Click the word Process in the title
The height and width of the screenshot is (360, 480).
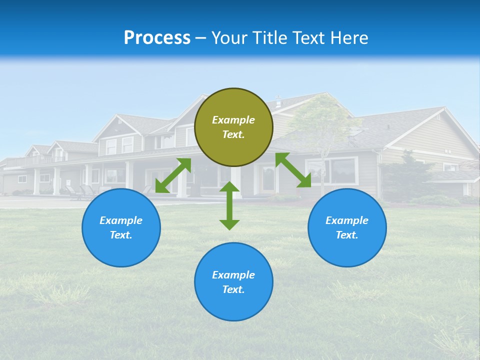tap(157, 38)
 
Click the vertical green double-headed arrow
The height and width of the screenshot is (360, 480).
tap(229, 205)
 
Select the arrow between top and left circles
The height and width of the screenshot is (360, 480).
tap(173, 175)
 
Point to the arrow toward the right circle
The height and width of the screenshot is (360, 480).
tap(293, 170)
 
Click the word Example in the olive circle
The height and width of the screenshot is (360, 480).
tap(233, 120)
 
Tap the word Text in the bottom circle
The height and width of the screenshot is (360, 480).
tap(233, 289)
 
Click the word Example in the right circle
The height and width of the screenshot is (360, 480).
tap(347, 220)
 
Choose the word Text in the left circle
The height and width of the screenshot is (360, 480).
tap(121, 235)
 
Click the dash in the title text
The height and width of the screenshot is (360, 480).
tap(200, 38)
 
